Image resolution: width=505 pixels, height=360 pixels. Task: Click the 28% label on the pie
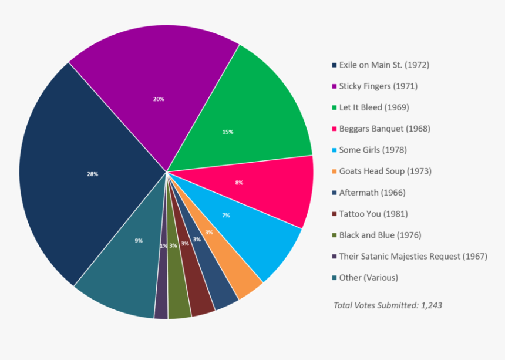(92, 174)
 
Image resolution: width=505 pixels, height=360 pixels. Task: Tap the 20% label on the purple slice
(159, 99)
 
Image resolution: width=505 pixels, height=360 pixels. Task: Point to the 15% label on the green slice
(228, 132)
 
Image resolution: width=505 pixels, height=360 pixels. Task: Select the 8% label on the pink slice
(239, 183)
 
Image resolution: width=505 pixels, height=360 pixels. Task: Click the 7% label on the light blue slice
(225, 216)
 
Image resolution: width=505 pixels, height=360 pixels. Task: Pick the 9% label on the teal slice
(139, 240)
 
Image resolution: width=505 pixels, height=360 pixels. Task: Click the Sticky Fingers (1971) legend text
(378, 86)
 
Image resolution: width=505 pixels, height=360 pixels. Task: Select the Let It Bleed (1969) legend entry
(374, 107)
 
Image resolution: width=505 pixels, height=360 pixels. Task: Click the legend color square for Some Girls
(334, 150)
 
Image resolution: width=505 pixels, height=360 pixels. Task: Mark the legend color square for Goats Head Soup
(334, 171)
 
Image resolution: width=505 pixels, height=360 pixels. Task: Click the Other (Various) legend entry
(368, 277)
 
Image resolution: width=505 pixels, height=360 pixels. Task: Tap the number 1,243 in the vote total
(431, 305)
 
